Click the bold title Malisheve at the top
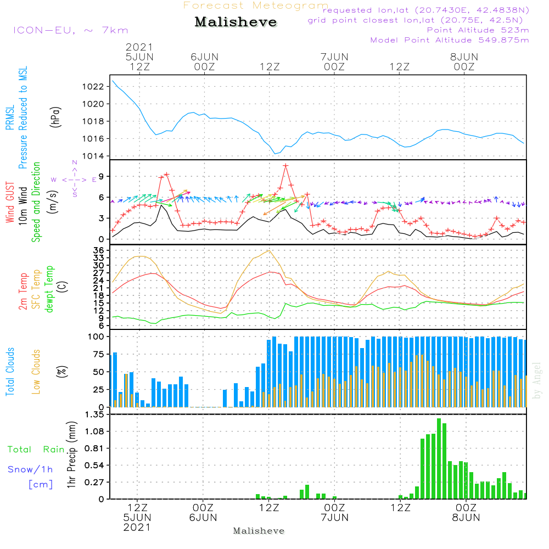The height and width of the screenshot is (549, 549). pyautogui.click(x=236, y=22)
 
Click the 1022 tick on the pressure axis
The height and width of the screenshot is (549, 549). pyautogui.click(x=93, y=87)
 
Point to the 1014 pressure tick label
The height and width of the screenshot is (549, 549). pyautogui.click(x=93, y=156)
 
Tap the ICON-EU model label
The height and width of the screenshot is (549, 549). pyautogui.click(x=71, y=30)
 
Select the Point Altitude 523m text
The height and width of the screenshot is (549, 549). pyautogui.click(x=478, y=30)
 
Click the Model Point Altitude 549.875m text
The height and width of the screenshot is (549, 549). pyautogui.click(x=450, y=40)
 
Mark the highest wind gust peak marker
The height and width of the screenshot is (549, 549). pyautogui.click(x=285, y=166)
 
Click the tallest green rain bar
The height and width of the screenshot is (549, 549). pyautogui.click(x=439, y=458)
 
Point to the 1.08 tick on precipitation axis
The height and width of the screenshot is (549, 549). pyautogui.click(x=94, y=431)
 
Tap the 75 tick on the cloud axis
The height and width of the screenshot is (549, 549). pyautogui.click(x=99, y=354)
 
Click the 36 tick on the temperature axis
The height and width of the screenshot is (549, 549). pyautogui.click(x=99, y=250)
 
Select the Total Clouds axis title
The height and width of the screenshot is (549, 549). pyautogui.click(x=10, y=372)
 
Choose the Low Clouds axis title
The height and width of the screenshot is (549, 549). pyautogui.click(x=36, y=372)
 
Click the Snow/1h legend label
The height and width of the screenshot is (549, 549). pyautogui.click(x=30, y=469)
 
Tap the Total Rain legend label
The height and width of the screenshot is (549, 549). pyautogui.click(x=36, y=449)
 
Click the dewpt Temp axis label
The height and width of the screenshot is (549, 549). pyautogui.click(x=49, y=289)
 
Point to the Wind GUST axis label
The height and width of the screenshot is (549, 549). pyautogui.click(x=10, y=202)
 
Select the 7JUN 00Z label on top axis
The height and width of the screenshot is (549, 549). pyautogui.click(x=334, y=61)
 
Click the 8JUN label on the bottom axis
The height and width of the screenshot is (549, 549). pyautogui.click(x=466, y=518)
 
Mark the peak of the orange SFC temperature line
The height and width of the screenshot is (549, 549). pyautogui.click(x=269, y=250)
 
